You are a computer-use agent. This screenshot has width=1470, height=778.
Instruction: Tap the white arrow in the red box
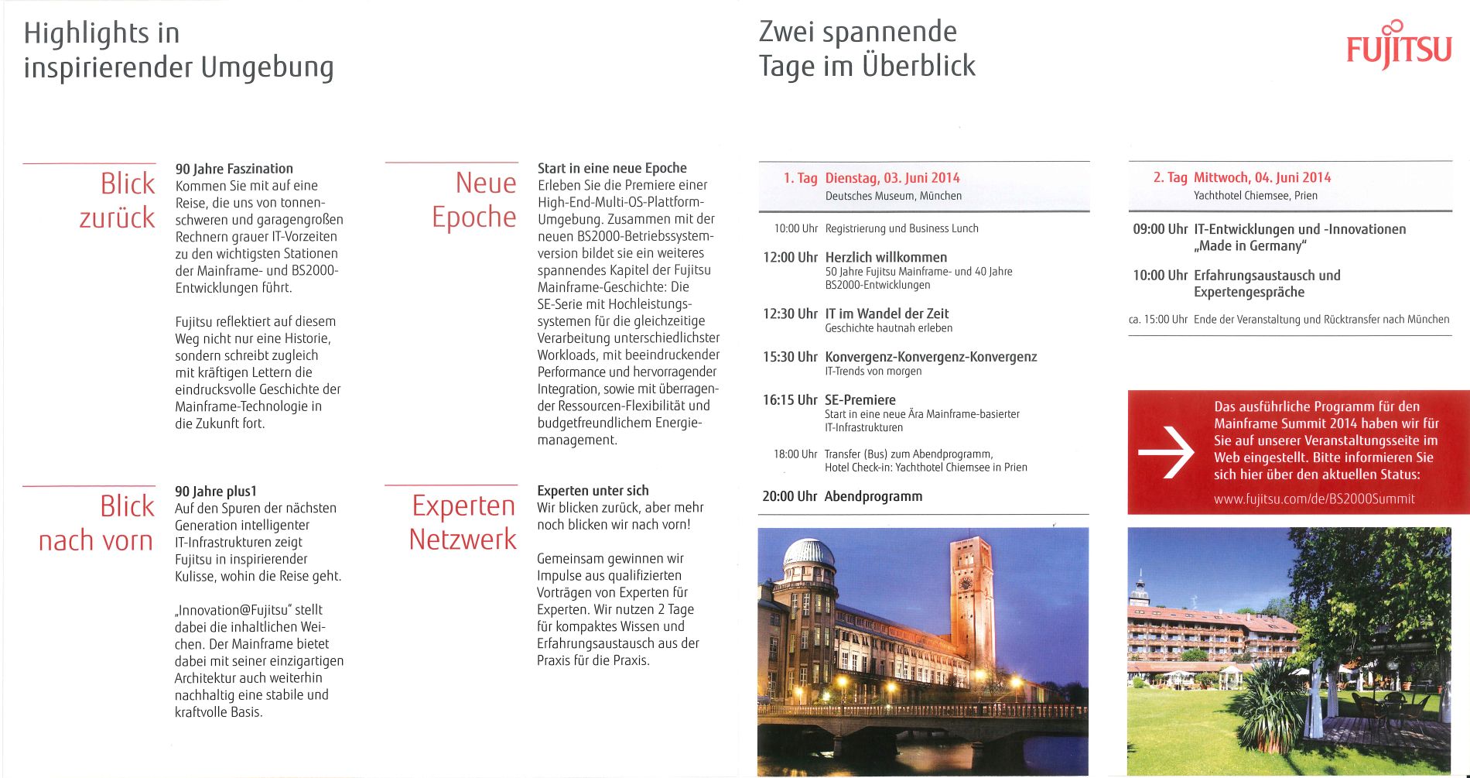1167,452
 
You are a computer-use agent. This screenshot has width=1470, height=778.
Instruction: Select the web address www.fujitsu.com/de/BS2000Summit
1314,499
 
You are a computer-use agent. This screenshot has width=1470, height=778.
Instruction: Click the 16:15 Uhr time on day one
790,400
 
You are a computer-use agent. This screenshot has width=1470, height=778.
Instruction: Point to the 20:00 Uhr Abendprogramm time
789,496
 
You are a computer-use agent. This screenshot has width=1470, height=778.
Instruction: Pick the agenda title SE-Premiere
860,400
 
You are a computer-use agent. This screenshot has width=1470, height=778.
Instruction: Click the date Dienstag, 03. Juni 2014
892,178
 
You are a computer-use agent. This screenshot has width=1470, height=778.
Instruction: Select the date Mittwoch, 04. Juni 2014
1262,177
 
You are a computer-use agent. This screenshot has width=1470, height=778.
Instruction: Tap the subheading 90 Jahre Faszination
234,169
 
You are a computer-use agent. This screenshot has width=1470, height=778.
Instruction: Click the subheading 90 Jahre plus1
216,492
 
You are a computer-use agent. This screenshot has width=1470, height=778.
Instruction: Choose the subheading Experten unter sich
593,491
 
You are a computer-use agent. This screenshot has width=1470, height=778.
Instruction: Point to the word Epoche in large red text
473,218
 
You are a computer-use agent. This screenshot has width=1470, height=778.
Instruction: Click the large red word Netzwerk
463,540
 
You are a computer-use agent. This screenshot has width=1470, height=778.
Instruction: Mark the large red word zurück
117,218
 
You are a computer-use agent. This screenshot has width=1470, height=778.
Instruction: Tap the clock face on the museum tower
966,583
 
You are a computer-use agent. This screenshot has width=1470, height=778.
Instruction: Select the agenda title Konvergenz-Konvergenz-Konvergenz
931,357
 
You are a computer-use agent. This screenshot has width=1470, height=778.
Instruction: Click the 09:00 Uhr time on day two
1160,229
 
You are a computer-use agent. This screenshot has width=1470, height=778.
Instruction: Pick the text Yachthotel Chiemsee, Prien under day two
1255,196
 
